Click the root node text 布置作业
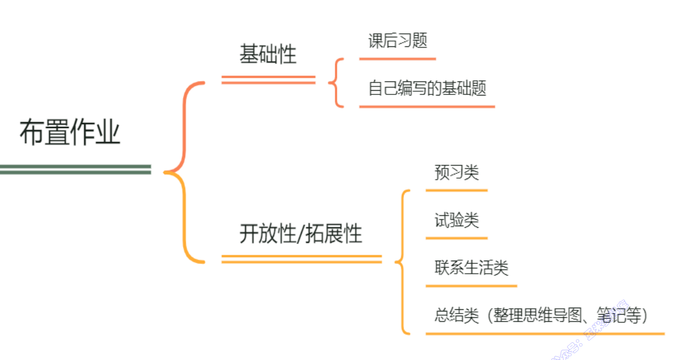[x=70, y=133]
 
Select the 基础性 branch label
[x=268, y=55]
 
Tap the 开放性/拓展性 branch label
[x=301, y=234]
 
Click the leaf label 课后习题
[x=398, y=40]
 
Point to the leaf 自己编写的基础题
[x=427, y=88]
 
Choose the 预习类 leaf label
[x=456, y=172]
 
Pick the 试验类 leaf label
[x=456, y=220]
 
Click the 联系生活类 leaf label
[x=471, y=267]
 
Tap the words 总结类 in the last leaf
[x=456, y=315]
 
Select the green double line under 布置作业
[x=75, y=169]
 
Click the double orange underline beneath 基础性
[x=268, y=80]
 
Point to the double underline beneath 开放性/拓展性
[x=301, y=259]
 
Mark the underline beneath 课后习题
[x=397, y=58]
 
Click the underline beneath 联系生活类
[x=471, y=286]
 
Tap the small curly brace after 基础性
[x=336, y=83]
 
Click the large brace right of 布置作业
[x=184, y=173]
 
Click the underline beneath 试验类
[x=456, y=238]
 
